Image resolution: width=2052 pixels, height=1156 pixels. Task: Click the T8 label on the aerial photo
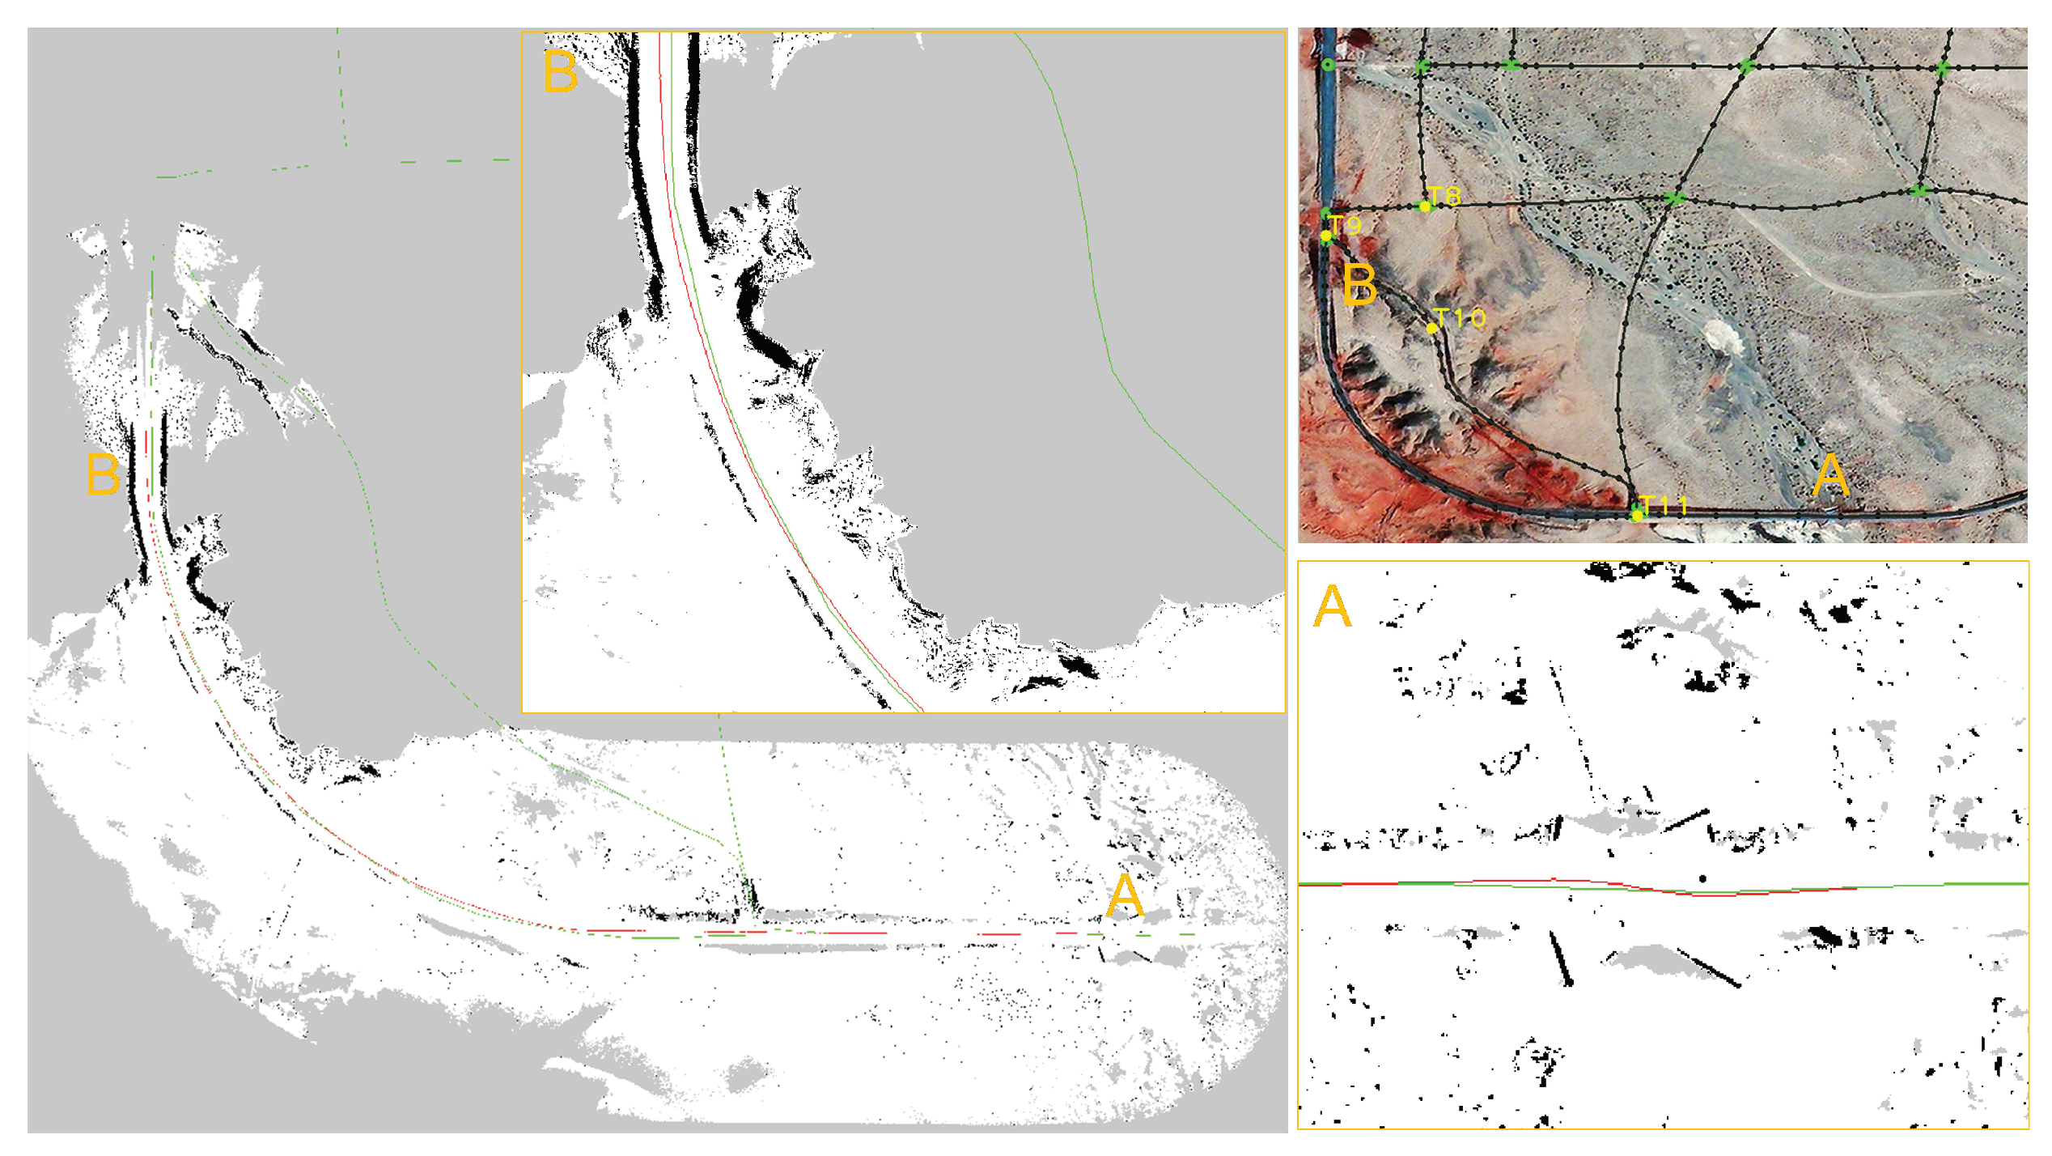1444,196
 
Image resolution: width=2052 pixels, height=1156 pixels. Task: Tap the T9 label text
1346,225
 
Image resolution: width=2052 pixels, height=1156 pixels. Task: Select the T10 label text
1460,318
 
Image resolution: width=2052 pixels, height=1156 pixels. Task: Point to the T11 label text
1664,506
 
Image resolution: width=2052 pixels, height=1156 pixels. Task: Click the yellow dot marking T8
1425,206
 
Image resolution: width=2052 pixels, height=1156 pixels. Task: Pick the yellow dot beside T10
1432,328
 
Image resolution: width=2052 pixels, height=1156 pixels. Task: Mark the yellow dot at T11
1637,516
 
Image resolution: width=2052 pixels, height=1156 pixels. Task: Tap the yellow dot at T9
1326,236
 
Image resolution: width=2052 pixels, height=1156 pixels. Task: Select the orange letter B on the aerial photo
1359,285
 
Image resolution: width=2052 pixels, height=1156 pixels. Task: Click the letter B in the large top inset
561,72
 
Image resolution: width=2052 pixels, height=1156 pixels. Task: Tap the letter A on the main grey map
1125,897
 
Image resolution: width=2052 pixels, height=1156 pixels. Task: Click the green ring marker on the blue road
1329,65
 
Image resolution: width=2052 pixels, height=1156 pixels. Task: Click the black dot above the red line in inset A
1703,878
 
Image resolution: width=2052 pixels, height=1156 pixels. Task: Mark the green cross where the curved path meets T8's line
1674,198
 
